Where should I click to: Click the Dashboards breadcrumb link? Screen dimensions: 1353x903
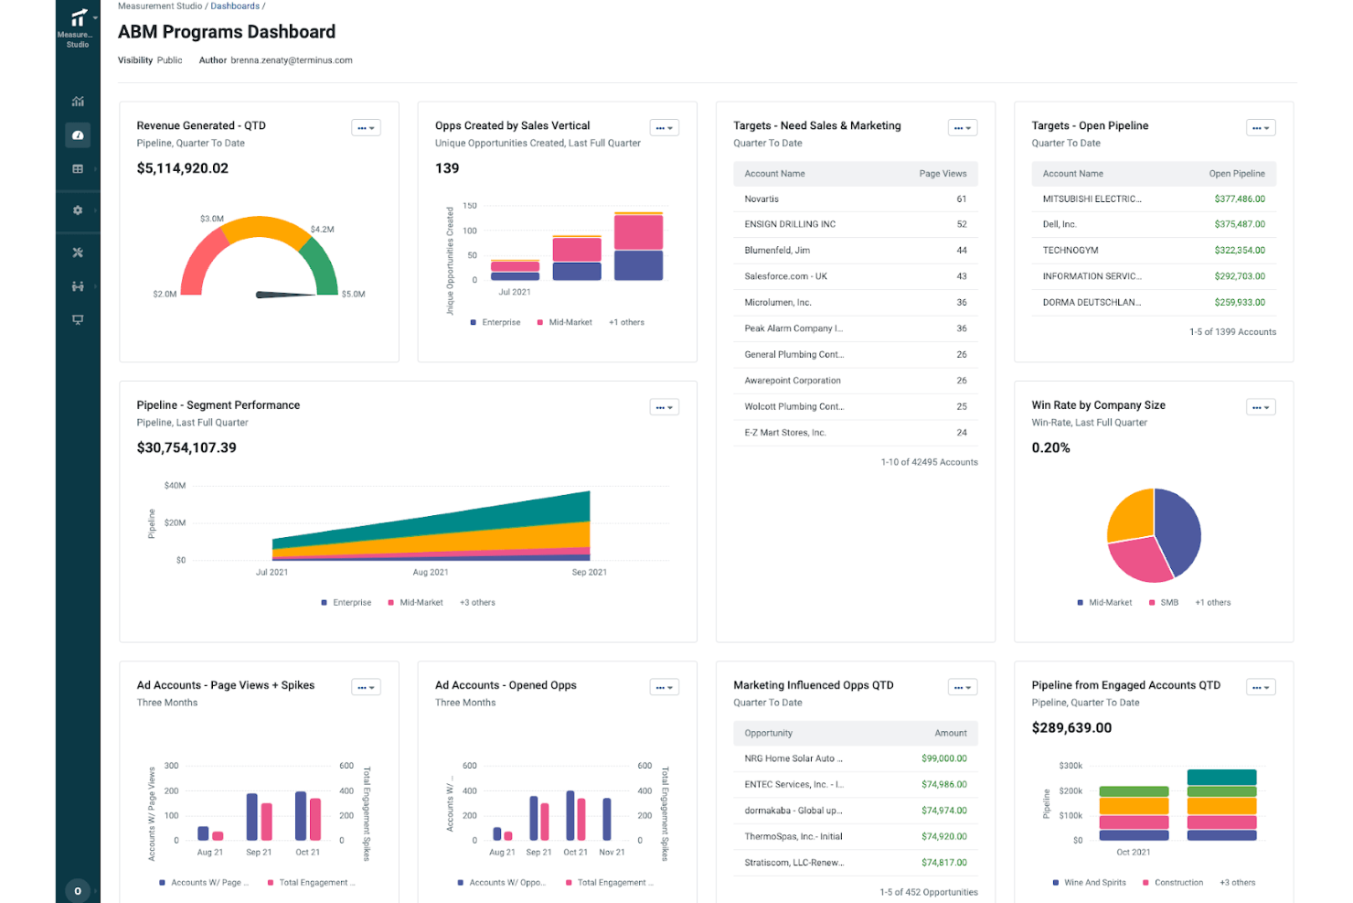pyautogui.click(x=234, y=6)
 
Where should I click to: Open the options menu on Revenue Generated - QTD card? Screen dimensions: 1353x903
pyautogui.click(x=366, y=127)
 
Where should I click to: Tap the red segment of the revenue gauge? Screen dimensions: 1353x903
pyautogui.click(x=200, y=263)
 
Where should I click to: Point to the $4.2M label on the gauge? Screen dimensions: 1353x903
pyautogui.click(x=322, y=229)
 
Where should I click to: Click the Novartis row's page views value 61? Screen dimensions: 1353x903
pyautogui.click(x=961, y=199)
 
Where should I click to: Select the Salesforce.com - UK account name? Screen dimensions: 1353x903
pyautogui.click(x=785, y=276)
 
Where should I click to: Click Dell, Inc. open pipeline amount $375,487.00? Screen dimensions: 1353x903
pyautogui.click(x=1240, y=224)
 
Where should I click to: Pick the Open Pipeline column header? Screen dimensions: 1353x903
pyautogui.click(x=1236, y=174)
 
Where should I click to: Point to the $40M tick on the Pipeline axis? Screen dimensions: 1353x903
pyautogui.click(x=175, y=485)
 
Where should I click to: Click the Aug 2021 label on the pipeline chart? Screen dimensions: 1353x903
pyautogui.click(x=430, y=572)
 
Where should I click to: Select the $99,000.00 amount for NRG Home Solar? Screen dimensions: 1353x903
pyautogui.click(x=943, y=758)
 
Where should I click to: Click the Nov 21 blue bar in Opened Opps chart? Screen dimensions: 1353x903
pyautogui.click(x=606, y=819)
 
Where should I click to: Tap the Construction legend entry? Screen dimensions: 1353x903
pyautogui.click(x=1173, y=883)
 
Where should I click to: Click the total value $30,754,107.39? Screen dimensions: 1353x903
pyautogui.click(x=186, y=448)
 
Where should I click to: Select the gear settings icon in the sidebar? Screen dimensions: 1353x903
pyautogui.click(x=78, y=210)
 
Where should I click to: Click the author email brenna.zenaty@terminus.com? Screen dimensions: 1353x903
pyautogui.click(x=291, y=60)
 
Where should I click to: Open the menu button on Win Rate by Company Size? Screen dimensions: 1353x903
pyautogui.click(x=1261, y=407)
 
